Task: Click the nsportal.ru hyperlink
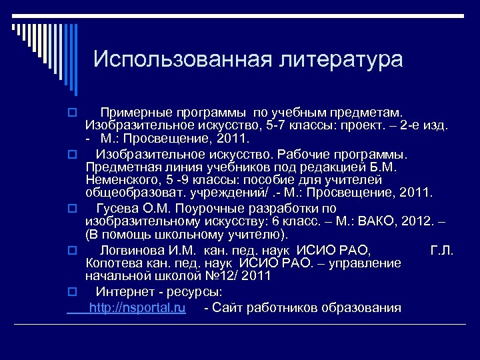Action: (x=137, y=307)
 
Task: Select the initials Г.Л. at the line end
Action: (x=442, y=250)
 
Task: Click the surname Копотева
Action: (x=113, y=263)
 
